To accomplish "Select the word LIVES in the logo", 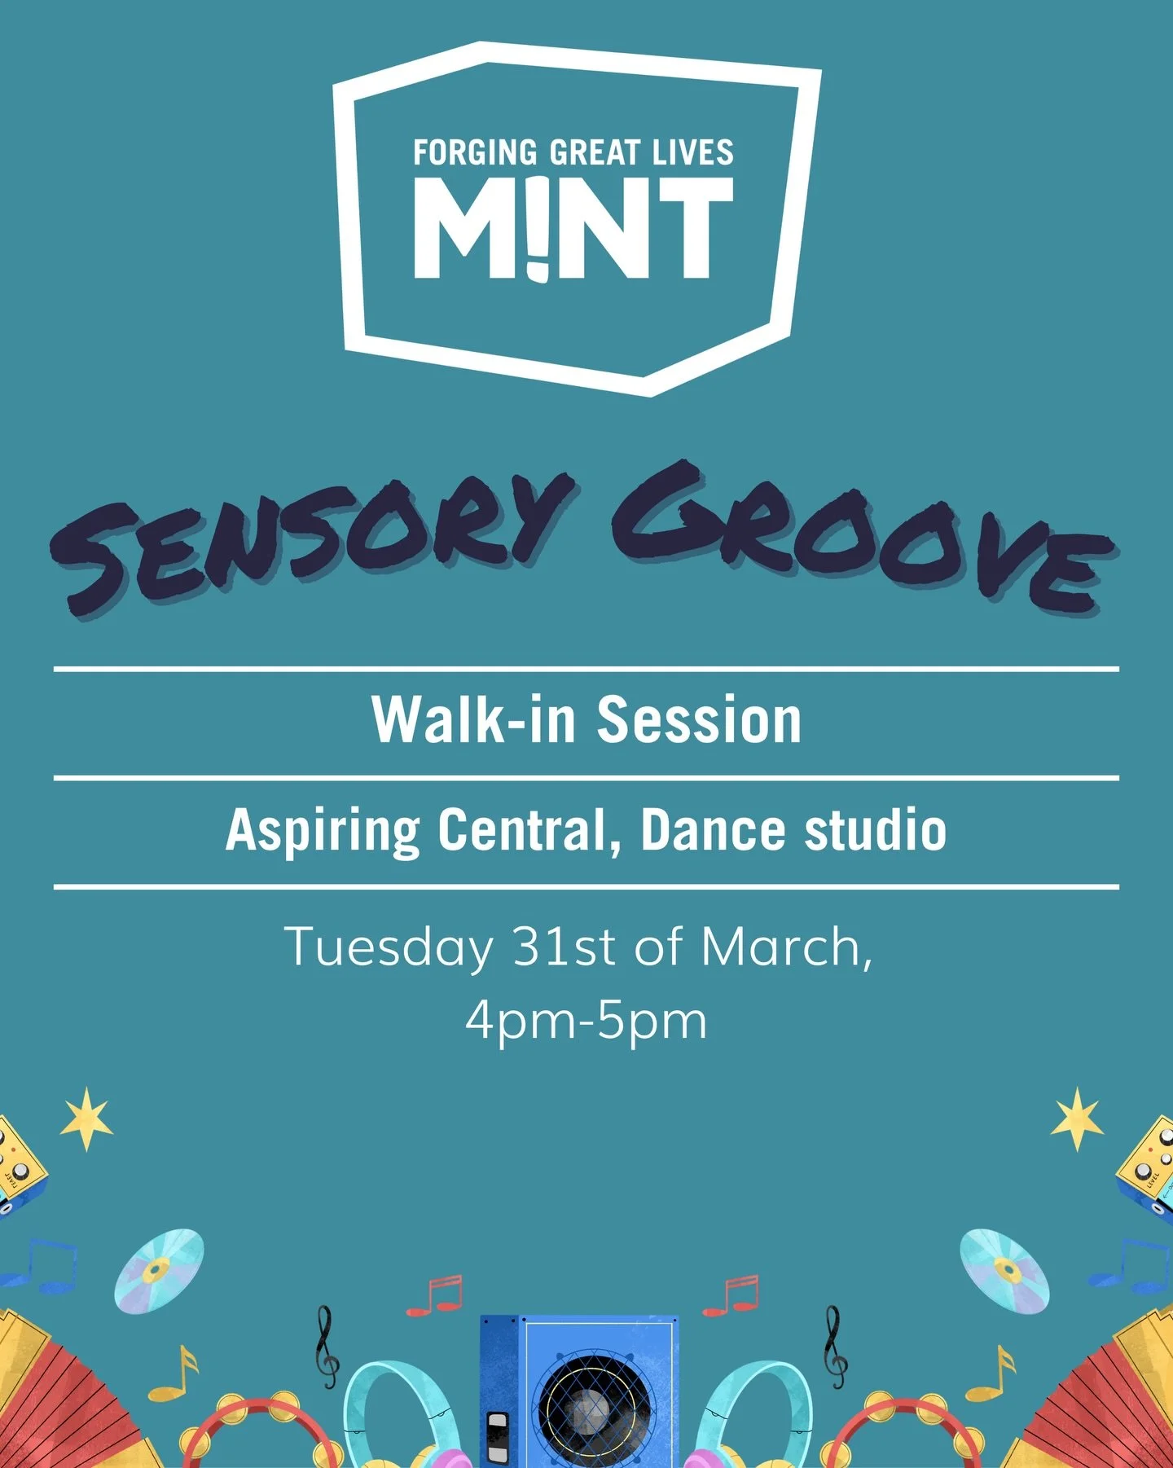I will click(x=692, y=153).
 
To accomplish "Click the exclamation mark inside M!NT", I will click(x=535, y=228).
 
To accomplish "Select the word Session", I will click(x=700, y=720).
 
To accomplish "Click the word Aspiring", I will click(x=323, y=830).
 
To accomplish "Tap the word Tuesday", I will click(x=389, y=947).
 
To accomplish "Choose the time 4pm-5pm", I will click(x=586, y=1020).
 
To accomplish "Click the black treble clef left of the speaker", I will click(x=327, y=1346).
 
